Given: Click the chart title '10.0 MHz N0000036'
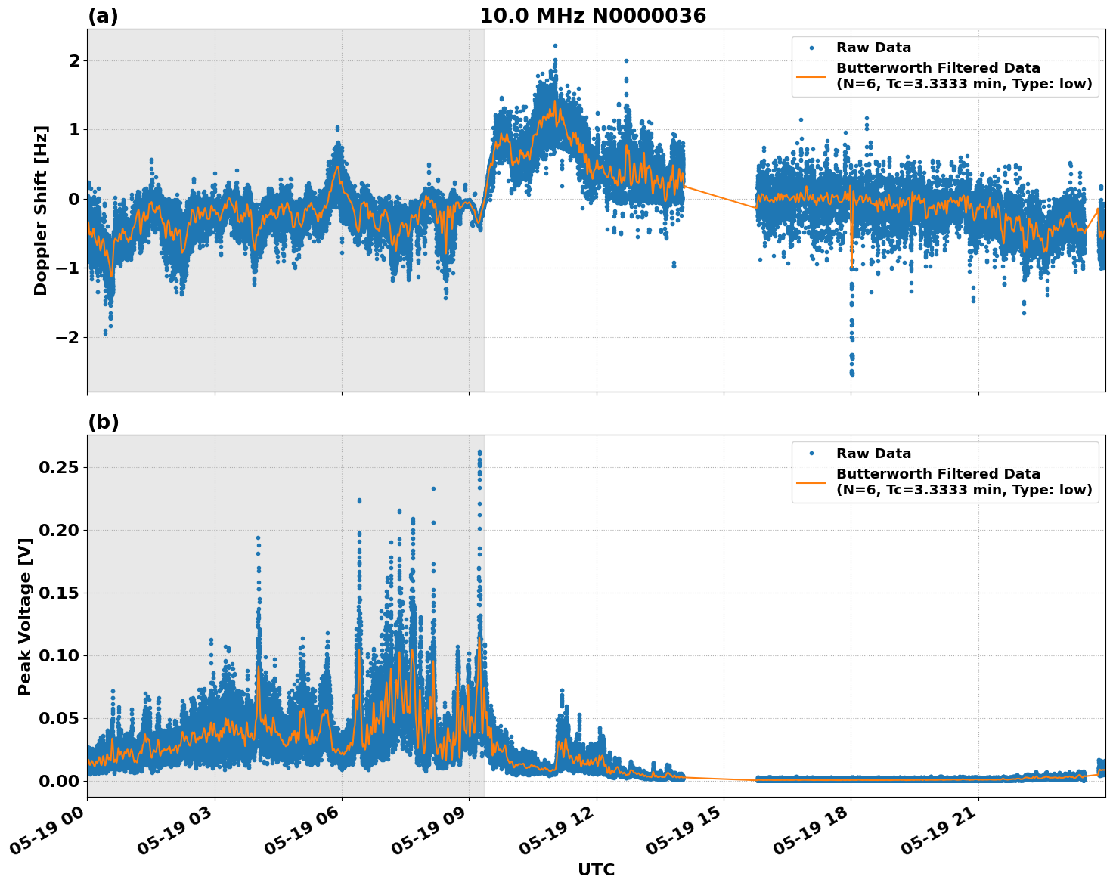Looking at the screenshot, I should click(593, 16).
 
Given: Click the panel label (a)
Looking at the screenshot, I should click(103, 16).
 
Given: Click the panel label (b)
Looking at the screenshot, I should click(103, 422).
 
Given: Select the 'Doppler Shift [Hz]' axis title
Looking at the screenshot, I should click(41, 210).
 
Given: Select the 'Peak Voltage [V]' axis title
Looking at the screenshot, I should click(25, 616).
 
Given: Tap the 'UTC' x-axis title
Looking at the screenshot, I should click(596, 869).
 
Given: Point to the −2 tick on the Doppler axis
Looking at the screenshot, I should click(67, 337).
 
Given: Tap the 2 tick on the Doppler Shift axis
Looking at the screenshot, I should click(74, 60).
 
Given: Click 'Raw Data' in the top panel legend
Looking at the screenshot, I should click(873, 48).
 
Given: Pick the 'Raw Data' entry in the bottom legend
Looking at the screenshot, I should click(873, 454).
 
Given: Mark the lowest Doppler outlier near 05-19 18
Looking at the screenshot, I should click(852, 373).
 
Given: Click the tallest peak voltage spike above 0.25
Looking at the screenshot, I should click(479, 452).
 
